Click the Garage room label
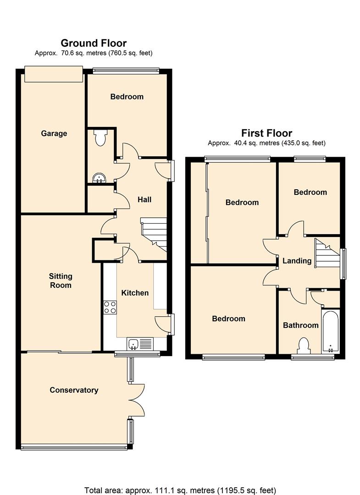pyautogui.click(x=54, y=133)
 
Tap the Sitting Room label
pyautogui.click(x=61, y=280)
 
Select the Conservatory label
pyautogui.click(x=74, y=390)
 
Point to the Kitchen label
pyautogui.click(x=135, y=292)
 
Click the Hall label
pyautogui.click(x=144, y=199)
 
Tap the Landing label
pyautogui.click(x=297, y=261)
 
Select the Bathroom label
pyautogui.click(x=301, y=325)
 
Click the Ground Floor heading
pyautogui.click(x=94, y=43)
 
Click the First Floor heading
pyautogui.click(x=266, y=133)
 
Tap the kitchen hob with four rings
pyautogui.click(x=110, y=307)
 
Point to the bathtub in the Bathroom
pyautogui.click(x=330, y=331)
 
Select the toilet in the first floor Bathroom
pyautogui.click(x=304, y=346)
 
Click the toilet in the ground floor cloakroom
pyautogui.click(x=100, y=137)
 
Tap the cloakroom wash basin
pyautogui.click(x=99, y=178)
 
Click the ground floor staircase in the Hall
pyautogui.click(x=154, y=234)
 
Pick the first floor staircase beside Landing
pyautogui.click(x=327, y=253)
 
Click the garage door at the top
pyautogui.click(x=54, y=74)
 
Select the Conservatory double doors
pyautogui.click(x=137, y=400)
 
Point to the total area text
pyautogui.click(x=180, y=490)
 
